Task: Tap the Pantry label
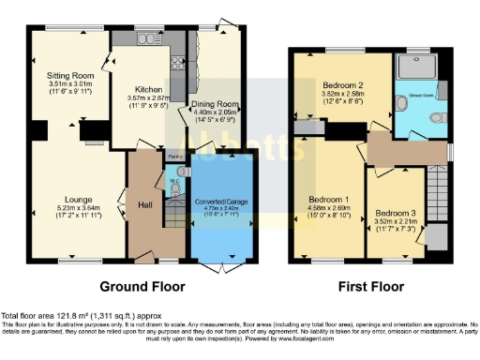pyautogui.click(x=172, y=157)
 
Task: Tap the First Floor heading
pyautogui.click(x=371, y=286)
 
